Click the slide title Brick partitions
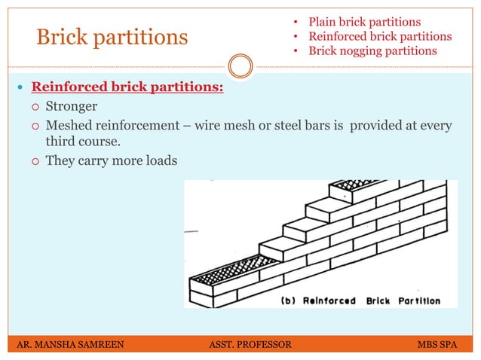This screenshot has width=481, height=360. [112, 37]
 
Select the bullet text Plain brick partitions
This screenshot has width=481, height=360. [365, 22]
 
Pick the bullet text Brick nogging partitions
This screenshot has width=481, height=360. [372, 50]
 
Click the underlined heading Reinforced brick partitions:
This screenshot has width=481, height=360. [127, 87]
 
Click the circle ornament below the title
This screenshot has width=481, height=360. [240, 66]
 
